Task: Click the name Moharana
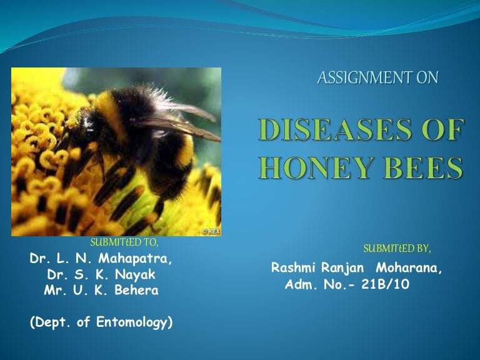click(x=411, y=268)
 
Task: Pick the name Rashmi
click(x=294, y=268)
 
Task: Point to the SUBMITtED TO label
click(x=124, y=242)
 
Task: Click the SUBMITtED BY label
click(x=397, y=248)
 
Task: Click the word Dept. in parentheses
click(x=49, y=323)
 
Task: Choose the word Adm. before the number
click(x=299, y=284)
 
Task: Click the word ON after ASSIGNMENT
click(x=429, y=77)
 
